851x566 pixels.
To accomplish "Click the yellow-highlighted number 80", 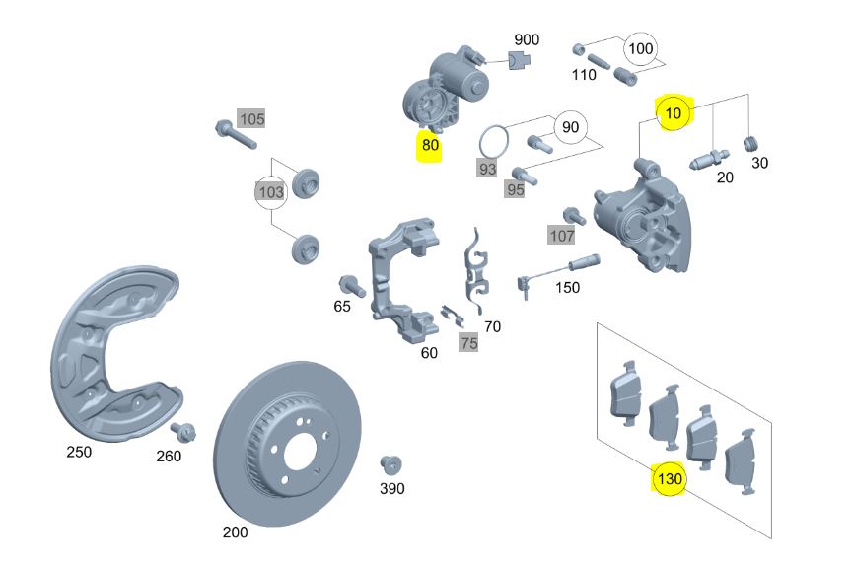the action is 430,145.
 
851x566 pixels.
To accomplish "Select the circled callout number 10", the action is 673,113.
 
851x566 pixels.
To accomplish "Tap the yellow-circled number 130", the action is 670,478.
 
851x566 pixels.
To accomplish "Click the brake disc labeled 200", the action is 287,444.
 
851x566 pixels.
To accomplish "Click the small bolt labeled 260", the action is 182,432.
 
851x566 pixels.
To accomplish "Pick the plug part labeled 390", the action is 390,465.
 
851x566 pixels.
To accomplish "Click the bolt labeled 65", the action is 352,285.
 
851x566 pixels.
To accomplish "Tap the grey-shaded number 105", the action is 251,119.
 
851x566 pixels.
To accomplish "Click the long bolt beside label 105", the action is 235,134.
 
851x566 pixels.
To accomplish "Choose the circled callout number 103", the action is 271,191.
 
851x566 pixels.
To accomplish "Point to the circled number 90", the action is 570,127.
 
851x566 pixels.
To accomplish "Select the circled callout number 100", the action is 640,49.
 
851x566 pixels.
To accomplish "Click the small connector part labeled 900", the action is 519,60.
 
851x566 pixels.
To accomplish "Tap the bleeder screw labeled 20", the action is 709,159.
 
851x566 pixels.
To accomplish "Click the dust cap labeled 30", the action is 751,144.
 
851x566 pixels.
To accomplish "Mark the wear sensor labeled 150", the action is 556,272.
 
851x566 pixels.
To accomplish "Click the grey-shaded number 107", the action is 561,236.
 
